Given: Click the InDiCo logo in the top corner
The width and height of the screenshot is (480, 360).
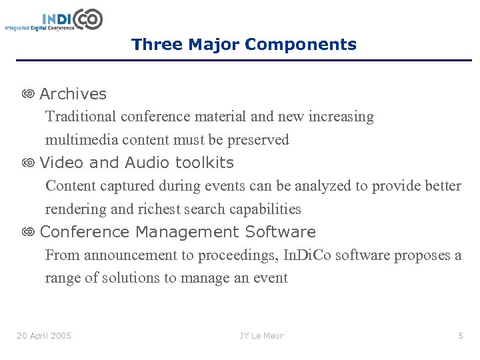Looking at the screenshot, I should click(x=55, y=19).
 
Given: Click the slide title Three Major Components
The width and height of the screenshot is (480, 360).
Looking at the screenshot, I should click(x=244, y=45).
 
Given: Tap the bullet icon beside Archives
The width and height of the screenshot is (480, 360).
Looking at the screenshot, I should click(x=28, y=95).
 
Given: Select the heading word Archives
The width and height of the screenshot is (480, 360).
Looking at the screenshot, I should click(x=73, y=94).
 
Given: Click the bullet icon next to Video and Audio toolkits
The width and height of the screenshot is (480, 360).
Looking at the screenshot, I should click(x=28, y=163).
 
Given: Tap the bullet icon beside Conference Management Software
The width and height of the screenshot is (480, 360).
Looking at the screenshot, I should click(x=28, y=233).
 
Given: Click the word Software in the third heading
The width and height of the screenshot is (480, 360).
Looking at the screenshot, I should click(x=280, y=232).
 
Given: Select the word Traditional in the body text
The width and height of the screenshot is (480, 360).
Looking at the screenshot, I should click(x=81, y=117).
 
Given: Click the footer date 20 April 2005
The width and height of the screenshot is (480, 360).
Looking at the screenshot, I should click(x=44, y=335).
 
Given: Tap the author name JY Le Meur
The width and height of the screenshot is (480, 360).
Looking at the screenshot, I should click(x=262, y=335).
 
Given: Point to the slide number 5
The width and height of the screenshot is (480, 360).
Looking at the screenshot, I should click(x=460, y=335).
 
